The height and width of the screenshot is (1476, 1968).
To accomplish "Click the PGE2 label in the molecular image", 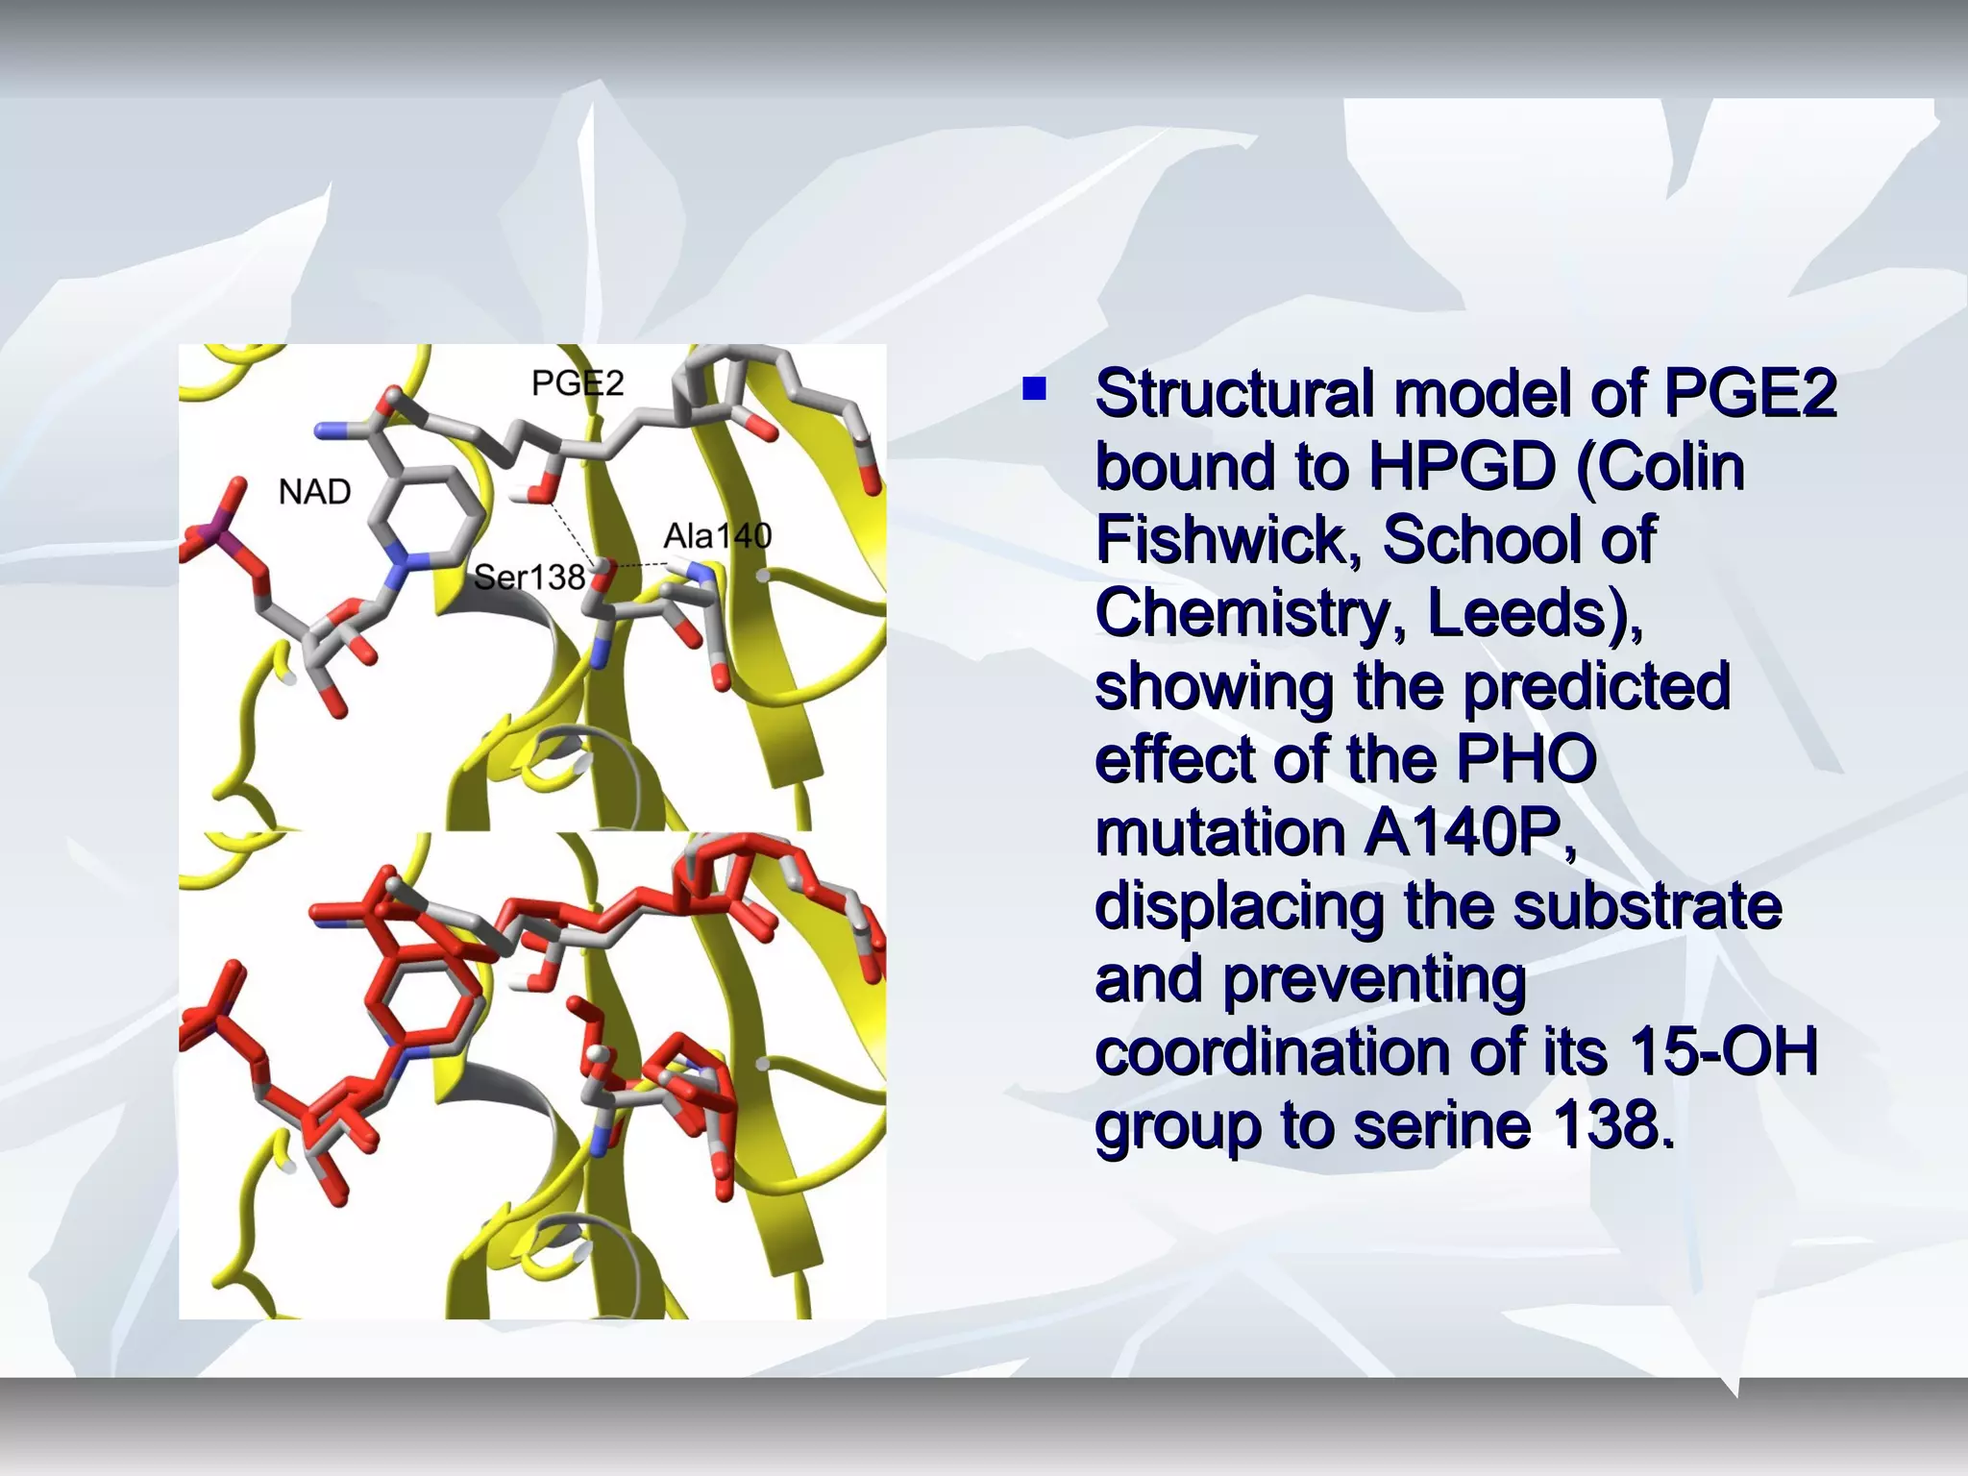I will point(578,383).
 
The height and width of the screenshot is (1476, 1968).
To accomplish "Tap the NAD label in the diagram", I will point(314,492).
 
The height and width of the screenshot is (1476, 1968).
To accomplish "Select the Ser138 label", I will point(529,578).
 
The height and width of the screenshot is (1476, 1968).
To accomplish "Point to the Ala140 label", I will point(717,535).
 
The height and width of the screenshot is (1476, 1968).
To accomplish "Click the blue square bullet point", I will point(1034,389).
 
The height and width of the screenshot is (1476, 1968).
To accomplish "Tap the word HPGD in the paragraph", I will point(1461,467).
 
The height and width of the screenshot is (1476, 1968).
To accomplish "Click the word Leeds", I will point(1514,613).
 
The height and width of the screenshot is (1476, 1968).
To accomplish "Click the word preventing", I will point(1374,979).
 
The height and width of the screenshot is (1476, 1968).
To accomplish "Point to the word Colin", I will point(1671,467).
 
